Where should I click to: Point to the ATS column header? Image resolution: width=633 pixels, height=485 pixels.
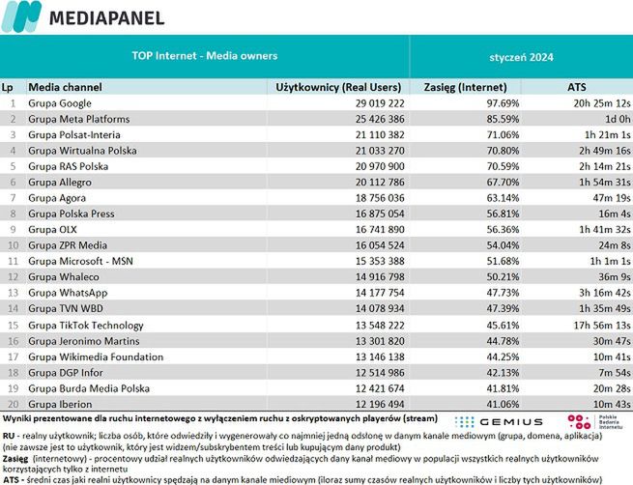[x=577, y=87]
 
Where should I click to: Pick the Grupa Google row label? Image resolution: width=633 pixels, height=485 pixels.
[x=60, y=102]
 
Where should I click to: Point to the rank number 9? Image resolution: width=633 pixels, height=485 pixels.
[x=14, y=229]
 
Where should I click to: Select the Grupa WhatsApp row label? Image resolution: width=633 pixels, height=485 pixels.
[x=68, y=292]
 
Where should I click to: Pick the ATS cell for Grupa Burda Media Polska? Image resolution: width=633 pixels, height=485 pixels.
[x=605, y=387]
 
